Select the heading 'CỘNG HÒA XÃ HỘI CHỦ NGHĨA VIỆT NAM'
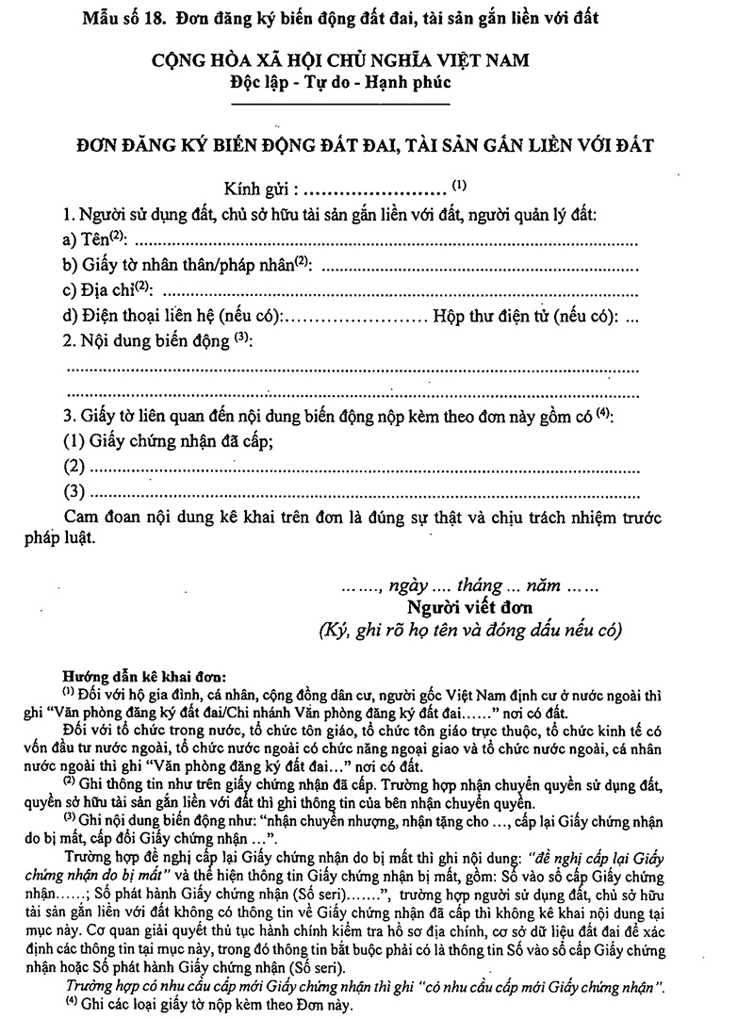click(343, 61)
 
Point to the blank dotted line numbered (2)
click(358, 467)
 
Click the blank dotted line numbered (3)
click(358, 492)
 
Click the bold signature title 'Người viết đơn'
click(464, 606)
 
